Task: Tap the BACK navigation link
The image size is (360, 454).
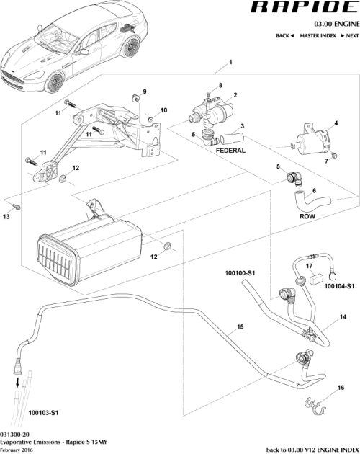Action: (x=285, y=35)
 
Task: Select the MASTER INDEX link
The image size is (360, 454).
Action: (x=318, y=35)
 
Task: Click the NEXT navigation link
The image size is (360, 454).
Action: (x=349, y=35)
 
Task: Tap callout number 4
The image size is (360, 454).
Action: (x=336, y=123)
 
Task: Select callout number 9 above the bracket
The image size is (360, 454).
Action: (x=144, y=92)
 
